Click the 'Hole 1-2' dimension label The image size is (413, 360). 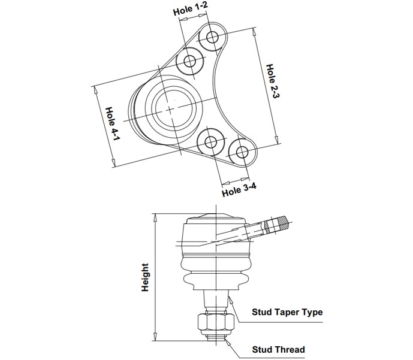[191, 10]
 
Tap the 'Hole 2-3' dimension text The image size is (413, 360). [272, 81]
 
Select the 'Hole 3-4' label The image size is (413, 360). [239, 190]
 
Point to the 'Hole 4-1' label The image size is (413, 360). [113, 123]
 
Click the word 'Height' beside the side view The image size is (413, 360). [145, 277]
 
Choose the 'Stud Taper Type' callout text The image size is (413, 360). [287, 312]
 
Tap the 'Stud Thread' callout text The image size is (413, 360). [278, 349]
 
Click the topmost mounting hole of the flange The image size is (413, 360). [212, 37]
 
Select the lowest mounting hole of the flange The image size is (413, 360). [242, 152]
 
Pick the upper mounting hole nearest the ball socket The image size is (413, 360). [189, 62]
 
